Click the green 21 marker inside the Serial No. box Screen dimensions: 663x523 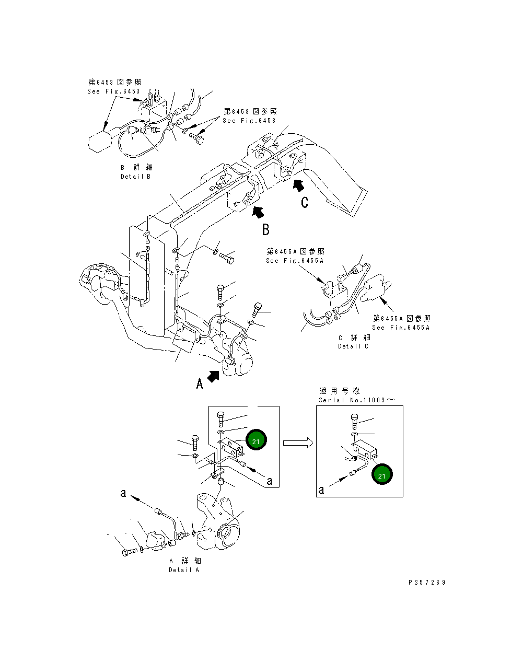click(382, 475)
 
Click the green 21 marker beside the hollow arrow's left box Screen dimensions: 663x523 click(256, 440)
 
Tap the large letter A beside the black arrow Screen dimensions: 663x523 click(199, 384)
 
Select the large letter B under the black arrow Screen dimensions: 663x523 click(265, 229)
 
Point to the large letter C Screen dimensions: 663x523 click(305, 202)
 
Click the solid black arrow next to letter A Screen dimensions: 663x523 click(213, 376)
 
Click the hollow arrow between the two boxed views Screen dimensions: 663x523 click(298, 443)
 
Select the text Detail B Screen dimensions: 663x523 click(135, 177)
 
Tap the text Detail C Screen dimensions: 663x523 click(353, 346)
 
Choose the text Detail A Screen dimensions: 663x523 click(184, 570)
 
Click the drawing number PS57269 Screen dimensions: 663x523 click(427, 583)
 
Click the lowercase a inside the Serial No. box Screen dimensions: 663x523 click(321, 490)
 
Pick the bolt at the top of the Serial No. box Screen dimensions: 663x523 click(355, 420)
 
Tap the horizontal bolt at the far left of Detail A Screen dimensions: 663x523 click(129, 552)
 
